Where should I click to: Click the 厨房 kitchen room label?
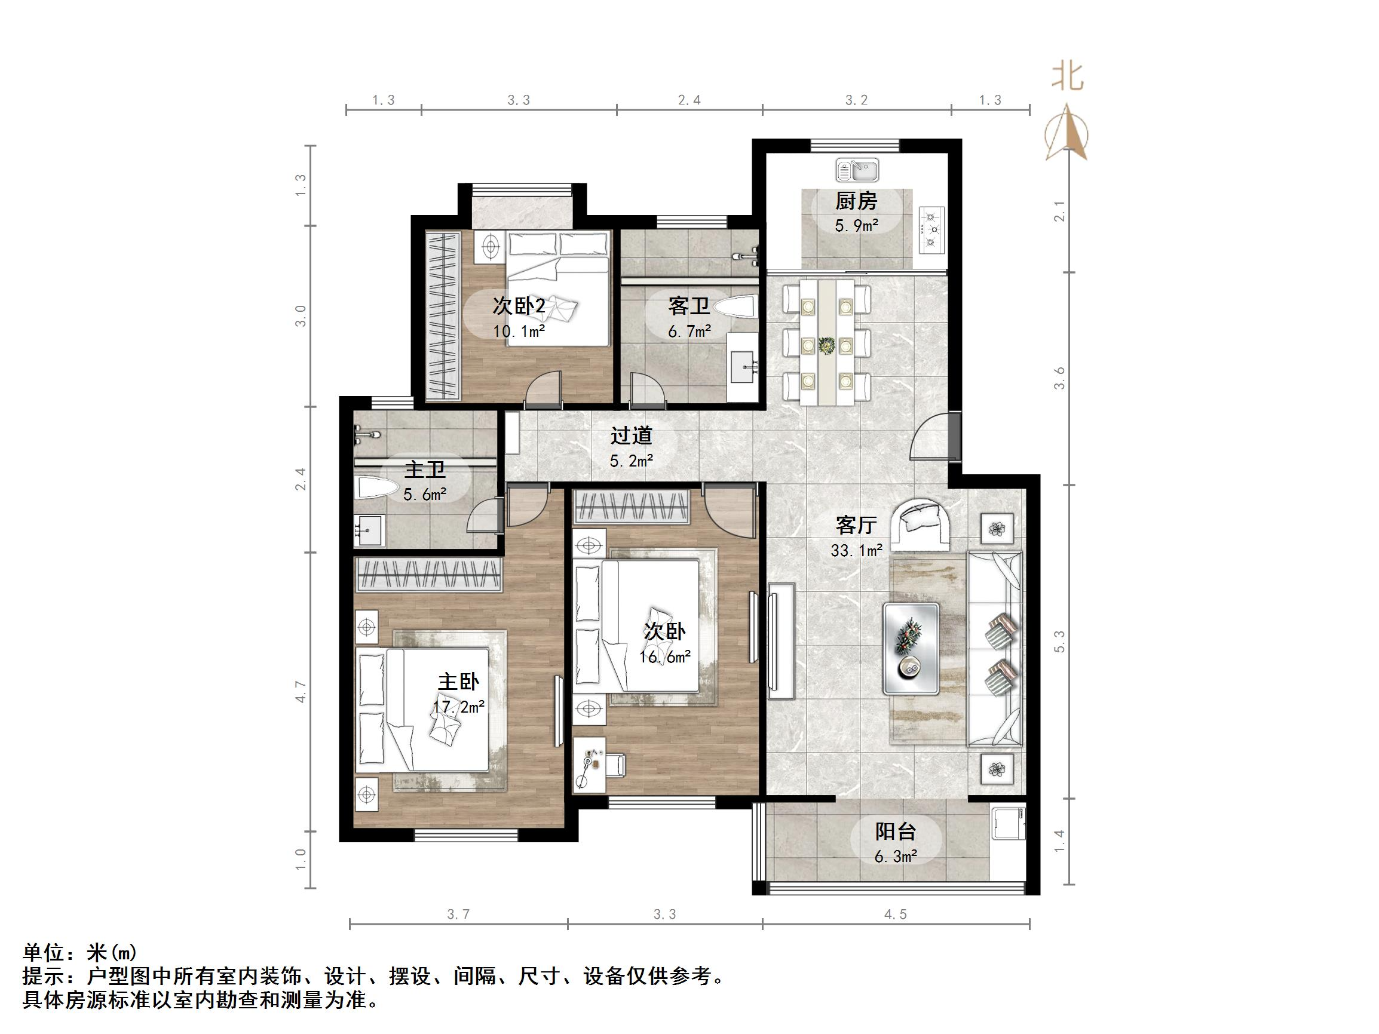coord(856,201)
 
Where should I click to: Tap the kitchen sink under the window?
coord(857,170)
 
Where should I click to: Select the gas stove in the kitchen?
coord(932,231)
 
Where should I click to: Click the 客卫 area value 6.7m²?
coord(689,332)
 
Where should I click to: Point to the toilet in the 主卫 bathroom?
coord(377,488)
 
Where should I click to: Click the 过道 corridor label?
coord(631,435)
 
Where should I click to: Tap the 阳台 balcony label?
coord(895,831)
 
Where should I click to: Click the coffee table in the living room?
coord(911,648)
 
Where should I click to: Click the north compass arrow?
coord(1067,134)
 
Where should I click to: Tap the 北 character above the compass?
coord(1067,77)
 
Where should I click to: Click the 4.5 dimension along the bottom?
coord(895,914)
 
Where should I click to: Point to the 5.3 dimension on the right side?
coord(1059,642)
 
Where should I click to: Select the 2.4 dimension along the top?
coord(689,100)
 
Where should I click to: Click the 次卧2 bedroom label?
coord(519,305)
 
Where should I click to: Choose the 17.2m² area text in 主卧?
coord(459,707)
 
